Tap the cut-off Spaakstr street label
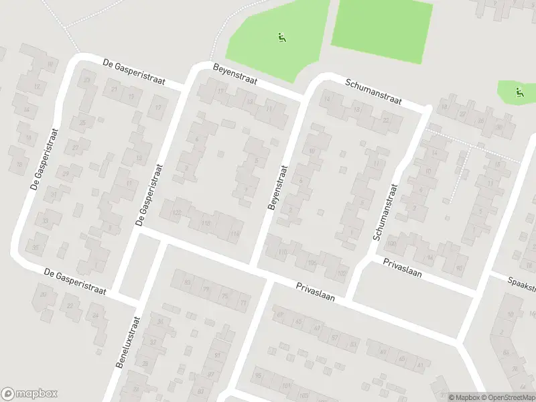pos(521,284)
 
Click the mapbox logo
pos(29,394)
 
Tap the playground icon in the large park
pos(282,38)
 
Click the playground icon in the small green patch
pos(519,92)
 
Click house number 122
pos(177,212)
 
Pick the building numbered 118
pos(205,223)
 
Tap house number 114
pos(234,233)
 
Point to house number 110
pos(282,252)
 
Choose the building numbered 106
pos(312,262)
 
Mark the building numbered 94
pos(429,257)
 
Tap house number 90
pos(458,267)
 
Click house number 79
pos(206,290)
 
